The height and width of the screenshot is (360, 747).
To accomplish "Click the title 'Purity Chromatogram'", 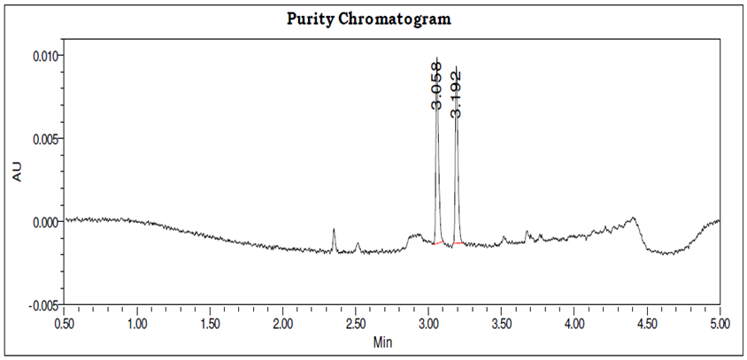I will pyautogui.click(x=373, y=19).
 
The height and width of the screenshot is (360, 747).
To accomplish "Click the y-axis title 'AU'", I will pyautogui.click(x=17, y=173).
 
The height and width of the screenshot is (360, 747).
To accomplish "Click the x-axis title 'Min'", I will pyautogui.click(x=383, y=341).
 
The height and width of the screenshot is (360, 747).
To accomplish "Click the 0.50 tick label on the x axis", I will pyautogui.click(x=65, y=324).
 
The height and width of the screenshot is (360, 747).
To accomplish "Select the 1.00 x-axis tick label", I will pyautogui.click(x=137, y=324).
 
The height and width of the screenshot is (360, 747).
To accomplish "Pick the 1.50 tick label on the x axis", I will pyautogui.click(x=210, y=324).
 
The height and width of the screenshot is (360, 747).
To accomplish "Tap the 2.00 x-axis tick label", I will pyautogui.click(x=283, y=324).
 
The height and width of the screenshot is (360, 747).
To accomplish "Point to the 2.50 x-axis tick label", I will pyautogui.click(x=356, y=324).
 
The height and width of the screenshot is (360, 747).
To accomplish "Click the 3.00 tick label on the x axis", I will pyautogui.click(x=428, y=324).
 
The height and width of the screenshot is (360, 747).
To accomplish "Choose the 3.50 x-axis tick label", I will pyautogui.click(x=501, y=324).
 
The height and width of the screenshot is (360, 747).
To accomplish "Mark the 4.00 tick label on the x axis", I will pyautogui.click(x=574, y=324).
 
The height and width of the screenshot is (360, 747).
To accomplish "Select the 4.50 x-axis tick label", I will pyautogui.click(x=647, y=324).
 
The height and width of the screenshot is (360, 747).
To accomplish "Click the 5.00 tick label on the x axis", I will pyautogui.click(x=719, y=324).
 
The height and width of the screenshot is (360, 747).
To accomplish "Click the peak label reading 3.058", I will pyautogui.click(x=436, y=85).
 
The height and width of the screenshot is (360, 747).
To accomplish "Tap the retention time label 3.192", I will pyautogui.click(x=456, y=92).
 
